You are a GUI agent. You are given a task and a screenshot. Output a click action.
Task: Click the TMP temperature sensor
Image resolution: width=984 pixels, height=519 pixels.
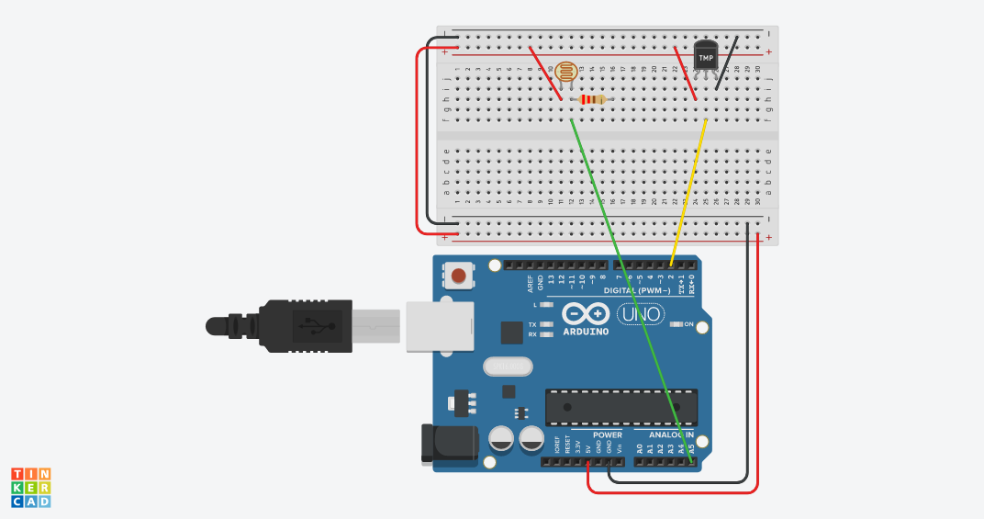(705, 57)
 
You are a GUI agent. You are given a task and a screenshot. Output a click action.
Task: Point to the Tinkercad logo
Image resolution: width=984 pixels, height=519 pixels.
(30, 487)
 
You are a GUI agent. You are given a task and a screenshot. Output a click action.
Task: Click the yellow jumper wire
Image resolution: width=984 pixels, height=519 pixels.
(688, 193)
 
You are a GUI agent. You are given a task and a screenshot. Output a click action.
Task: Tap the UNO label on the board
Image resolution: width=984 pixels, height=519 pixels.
(640, 314)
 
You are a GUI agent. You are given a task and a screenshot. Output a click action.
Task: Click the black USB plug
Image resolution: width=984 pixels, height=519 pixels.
(294, 326)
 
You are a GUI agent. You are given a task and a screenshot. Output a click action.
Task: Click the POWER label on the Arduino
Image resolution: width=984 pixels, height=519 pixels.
(607, 434)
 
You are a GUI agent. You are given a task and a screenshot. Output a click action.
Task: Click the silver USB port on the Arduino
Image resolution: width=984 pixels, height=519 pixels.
(438, 326)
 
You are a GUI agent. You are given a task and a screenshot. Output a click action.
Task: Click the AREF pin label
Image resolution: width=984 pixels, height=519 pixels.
(531, 283)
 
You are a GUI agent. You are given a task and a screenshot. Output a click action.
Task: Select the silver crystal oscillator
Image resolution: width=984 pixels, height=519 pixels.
(508, 367)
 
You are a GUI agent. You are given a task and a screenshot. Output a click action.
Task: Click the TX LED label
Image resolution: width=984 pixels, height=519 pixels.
(532, 324)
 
